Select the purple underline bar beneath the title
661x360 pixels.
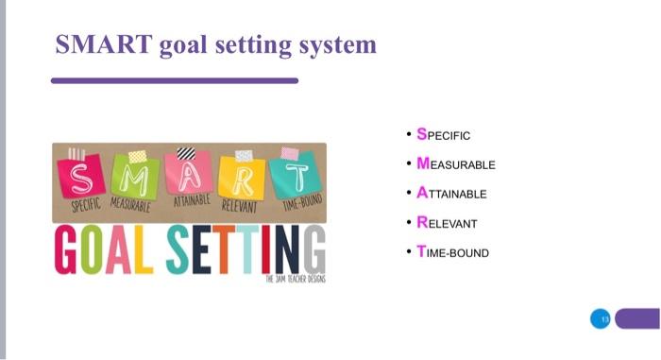click(x=175, y=81)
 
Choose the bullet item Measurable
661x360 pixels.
click(x=455, y=164)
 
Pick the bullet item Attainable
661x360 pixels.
click(x=451, y=194)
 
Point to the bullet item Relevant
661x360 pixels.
click(x=447, y=224)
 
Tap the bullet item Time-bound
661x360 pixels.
click(x=452, y=253)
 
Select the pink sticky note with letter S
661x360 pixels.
click(x=81, y=177)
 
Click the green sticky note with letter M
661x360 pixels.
click(x=136, y=177)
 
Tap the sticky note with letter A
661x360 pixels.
click(x=189, y=175)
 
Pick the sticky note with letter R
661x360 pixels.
click(x=243, y=177)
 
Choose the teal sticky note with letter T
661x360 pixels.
click(x=297, y=177)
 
